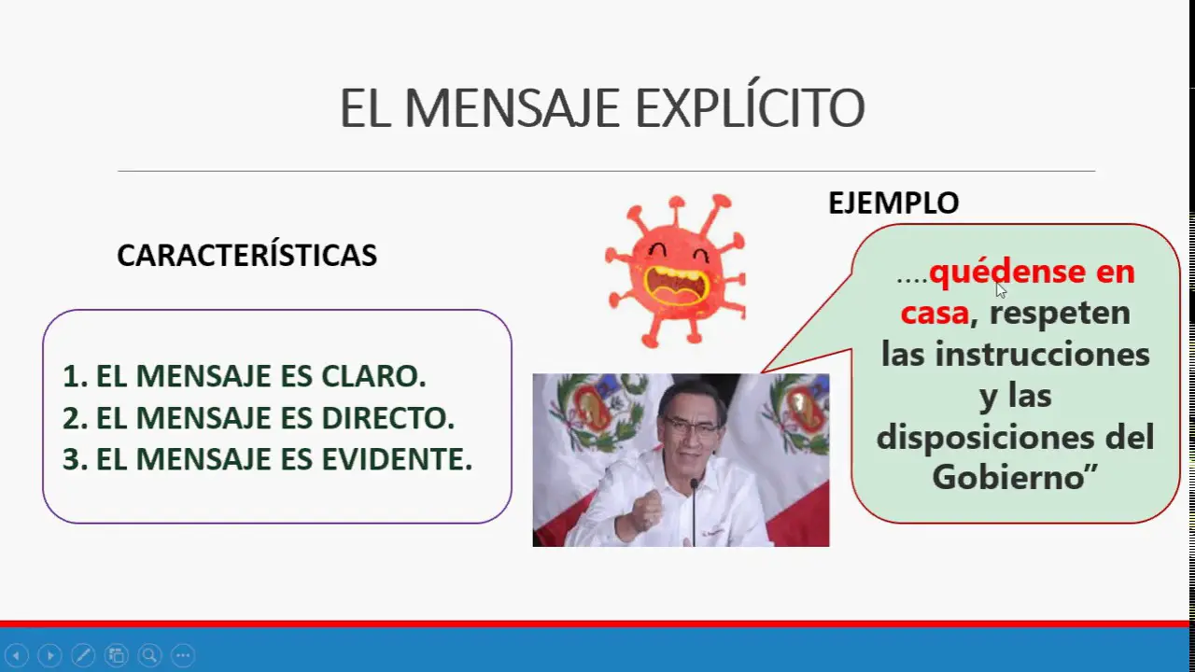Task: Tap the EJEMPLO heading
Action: click(x=893, y=203)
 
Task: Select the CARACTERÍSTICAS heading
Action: click(x=247, y=255)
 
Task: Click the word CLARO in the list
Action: click(x=373, y=375)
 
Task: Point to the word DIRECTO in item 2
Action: click(x=387, y=417)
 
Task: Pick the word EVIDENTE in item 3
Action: click(x=397, y=458)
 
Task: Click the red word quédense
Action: click(x=1007, y=272)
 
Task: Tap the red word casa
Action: click(x=935, y=312)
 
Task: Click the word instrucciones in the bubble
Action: click(x=1043, y=354)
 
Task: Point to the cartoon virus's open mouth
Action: click(x=676, y=286)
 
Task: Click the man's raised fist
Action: click(x=645, y=511)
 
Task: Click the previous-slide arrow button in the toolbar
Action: click(x=17, y=654)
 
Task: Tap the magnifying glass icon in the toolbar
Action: click(x=150, y=654)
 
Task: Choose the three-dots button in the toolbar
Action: click(x=183, y=654)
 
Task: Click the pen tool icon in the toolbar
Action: click(x=83, y=654)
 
